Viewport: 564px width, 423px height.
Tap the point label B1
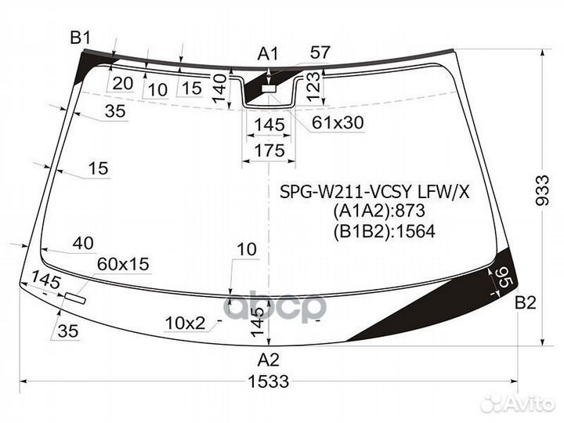(81, 37)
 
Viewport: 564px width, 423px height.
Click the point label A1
(269, 53)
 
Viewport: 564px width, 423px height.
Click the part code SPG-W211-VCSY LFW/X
(376, 190)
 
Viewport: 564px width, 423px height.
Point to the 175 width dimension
(269, 150)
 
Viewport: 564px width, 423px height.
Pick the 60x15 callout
(123, 265)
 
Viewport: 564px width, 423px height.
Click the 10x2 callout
(184, 323)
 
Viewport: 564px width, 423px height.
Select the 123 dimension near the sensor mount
(312, 83)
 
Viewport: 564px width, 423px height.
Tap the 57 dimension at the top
(320, 53)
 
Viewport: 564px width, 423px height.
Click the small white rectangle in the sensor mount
(269, 90)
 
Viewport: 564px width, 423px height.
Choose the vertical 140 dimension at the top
(220, 89)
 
